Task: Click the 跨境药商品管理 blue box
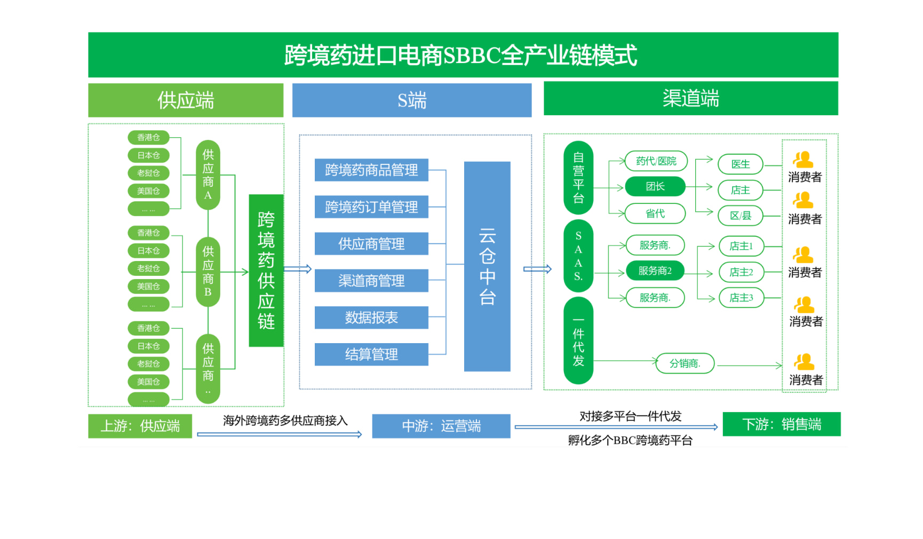tap(371, 170)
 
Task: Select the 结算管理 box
tap(371, 354)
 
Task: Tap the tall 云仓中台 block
tap(487, 266)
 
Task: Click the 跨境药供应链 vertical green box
tap(266, 271)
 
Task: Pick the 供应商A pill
tap(208, 175)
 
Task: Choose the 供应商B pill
tap(208, 272)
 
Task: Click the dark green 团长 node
tap(655, 186)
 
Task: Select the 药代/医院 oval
tap(656, 161)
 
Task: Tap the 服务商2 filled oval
tap(655, 271)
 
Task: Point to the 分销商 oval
tap(685, 363)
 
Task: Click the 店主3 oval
tap(741, 298)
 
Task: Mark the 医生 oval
tap(740, 164)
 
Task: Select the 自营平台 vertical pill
tap(578, 178)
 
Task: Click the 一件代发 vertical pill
tap(578, 341)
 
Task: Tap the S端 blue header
tap(412, 100)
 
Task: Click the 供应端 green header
tap(186, 100)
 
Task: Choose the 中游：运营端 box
tap(441, 426)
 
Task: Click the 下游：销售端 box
tap(782, 424)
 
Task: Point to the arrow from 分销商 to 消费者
tap(749, 366)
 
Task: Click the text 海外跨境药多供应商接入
tap(285, 421)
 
